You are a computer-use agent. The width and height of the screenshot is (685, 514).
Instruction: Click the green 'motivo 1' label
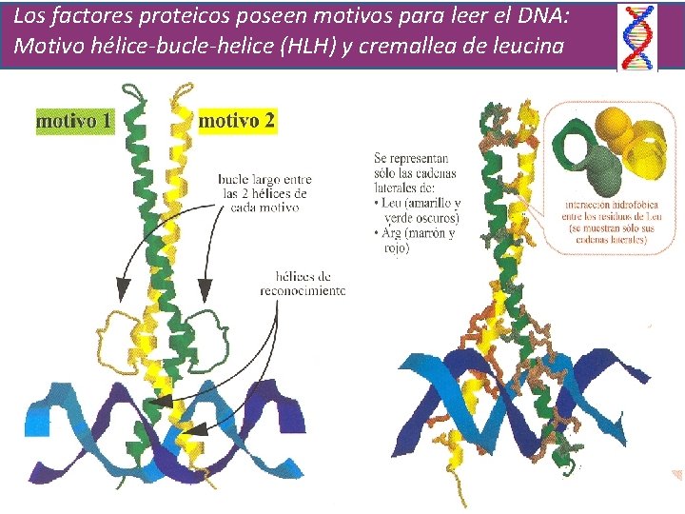[x=73, y=122]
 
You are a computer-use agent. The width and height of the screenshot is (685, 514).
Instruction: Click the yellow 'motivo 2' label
[x=237, y=120]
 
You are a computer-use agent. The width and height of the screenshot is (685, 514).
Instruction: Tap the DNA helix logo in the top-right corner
[x=637, y=37]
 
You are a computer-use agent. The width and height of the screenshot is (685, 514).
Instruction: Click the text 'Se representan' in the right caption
[x=411, y=158]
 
